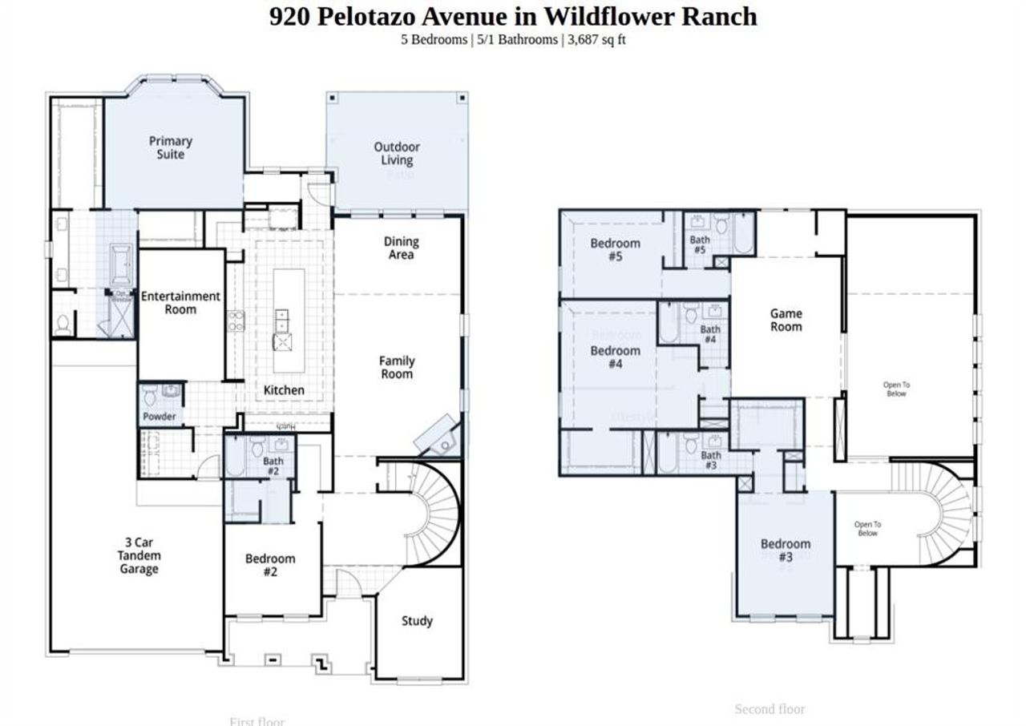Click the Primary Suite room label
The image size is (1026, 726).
pos(170,147)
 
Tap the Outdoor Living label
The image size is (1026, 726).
pos(396,153)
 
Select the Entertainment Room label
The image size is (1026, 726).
pos(180,302)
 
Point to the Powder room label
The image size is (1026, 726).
pos(160,417)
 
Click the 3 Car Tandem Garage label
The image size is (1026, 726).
pos(139,555)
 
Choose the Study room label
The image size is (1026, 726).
pos(417,620)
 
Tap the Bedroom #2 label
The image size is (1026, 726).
pos(270,565)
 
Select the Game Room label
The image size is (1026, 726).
pos(786,320)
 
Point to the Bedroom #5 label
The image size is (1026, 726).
pos(615,249)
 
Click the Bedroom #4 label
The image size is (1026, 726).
pos(615,357)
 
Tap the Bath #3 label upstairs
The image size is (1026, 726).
pos(711,460)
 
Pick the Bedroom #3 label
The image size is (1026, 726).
pos(785,550)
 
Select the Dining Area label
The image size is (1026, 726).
pos(401,248)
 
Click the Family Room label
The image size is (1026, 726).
pos(397,367)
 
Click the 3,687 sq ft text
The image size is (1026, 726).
pos(596,39)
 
